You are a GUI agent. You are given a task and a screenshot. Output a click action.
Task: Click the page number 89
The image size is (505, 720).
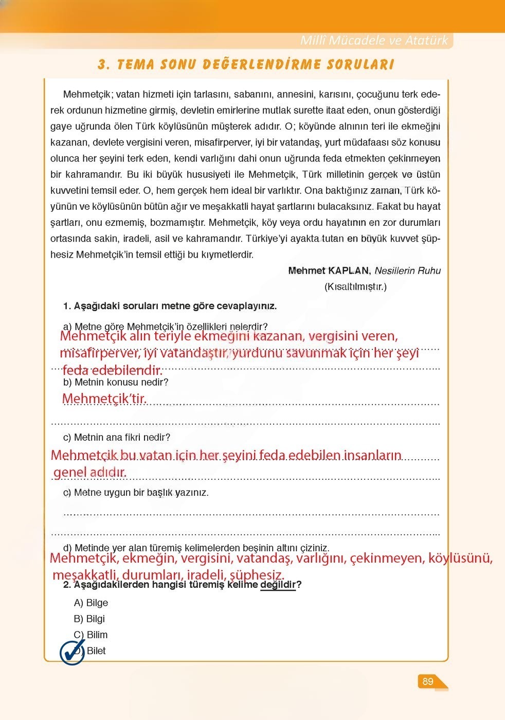click(427, 681)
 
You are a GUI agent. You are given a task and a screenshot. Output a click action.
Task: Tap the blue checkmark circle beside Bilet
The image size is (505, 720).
click(72, 652)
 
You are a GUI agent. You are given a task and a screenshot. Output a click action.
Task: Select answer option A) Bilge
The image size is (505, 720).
click(91, 603)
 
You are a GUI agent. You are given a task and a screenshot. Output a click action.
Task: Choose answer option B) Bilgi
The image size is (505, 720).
click(89, 619)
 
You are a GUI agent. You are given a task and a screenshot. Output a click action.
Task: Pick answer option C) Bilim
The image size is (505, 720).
click(91, 635)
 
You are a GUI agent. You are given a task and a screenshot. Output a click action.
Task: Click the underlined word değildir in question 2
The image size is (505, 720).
click(278, 585)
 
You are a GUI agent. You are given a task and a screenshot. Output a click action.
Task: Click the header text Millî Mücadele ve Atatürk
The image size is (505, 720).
click(374, 41)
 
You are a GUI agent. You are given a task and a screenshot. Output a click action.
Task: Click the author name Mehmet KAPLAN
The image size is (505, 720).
click(329, 271)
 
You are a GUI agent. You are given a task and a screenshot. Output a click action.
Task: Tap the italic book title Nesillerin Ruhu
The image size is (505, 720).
click(407, 271)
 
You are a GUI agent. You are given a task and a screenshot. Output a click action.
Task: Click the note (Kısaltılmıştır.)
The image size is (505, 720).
click(355, 286)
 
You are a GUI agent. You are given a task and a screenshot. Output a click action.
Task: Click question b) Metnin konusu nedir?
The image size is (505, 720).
click(116, 382)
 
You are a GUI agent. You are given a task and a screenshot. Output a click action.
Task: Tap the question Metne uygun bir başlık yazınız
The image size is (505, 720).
click(141, 493)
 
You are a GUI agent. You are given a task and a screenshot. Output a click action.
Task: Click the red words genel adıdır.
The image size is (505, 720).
click(90, 472)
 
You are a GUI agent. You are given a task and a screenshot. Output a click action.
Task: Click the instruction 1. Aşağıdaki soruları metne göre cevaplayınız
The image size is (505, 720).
click(170, 306)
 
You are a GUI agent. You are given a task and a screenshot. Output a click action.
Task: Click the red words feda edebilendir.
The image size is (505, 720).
click(112, 370)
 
